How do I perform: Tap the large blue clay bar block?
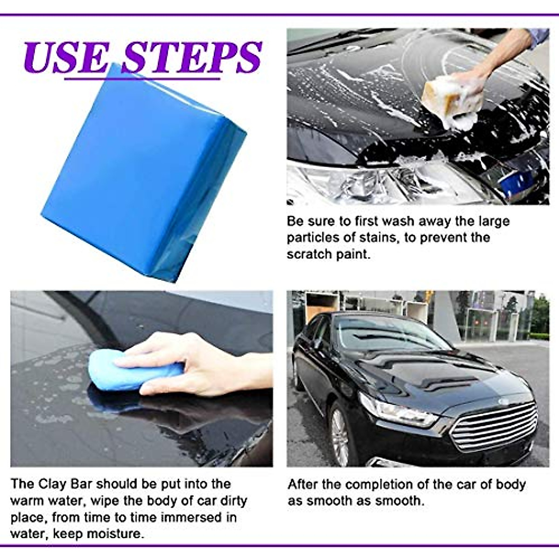pos(140,172)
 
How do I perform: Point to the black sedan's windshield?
pos(387,333)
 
